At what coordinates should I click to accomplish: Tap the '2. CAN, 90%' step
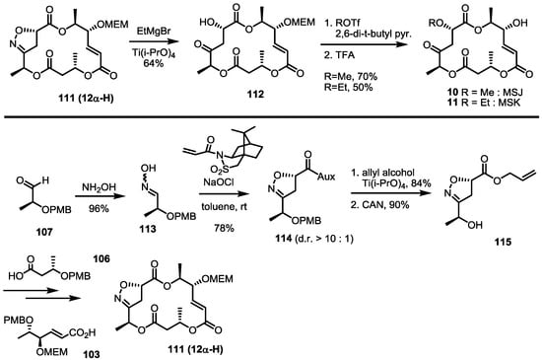[x=419, y=209]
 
